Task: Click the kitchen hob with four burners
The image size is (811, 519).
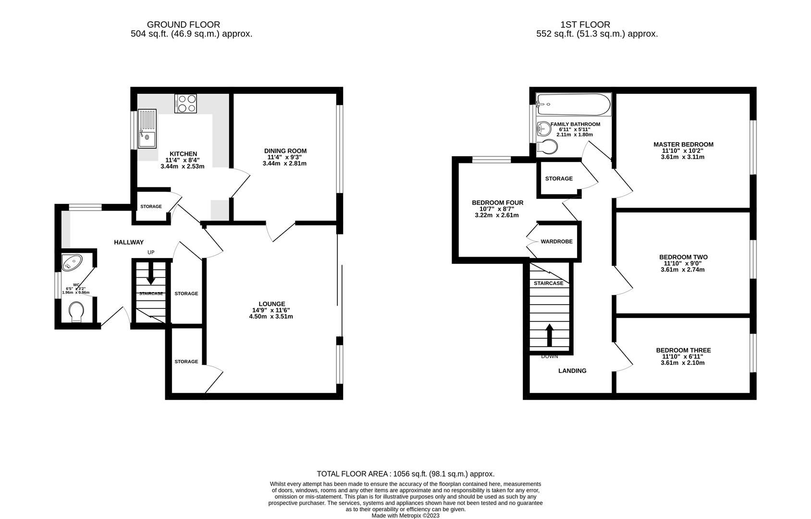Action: coord(186,103)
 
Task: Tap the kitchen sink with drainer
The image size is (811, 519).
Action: coord(147,129)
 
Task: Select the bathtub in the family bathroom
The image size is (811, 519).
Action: coord(573,104)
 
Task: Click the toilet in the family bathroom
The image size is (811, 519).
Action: coord(547,147)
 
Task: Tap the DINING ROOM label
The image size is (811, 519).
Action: coord(285,151)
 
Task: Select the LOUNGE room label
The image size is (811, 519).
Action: coord(272,304)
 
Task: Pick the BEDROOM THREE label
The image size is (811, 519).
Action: coord(683,350)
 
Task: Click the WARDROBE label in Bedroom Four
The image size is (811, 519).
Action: coord(556,241)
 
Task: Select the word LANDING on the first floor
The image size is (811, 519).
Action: coord(572,371)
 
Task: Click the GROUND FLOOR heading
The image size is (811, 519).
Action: coord(183,25)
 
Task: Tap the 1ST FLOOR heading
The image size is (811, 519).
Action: coord(585,25)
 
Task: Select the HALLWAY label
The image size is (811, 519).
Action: coord(129,242)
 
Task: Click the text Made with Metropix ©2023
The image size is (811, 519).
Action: coord(405,516)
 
